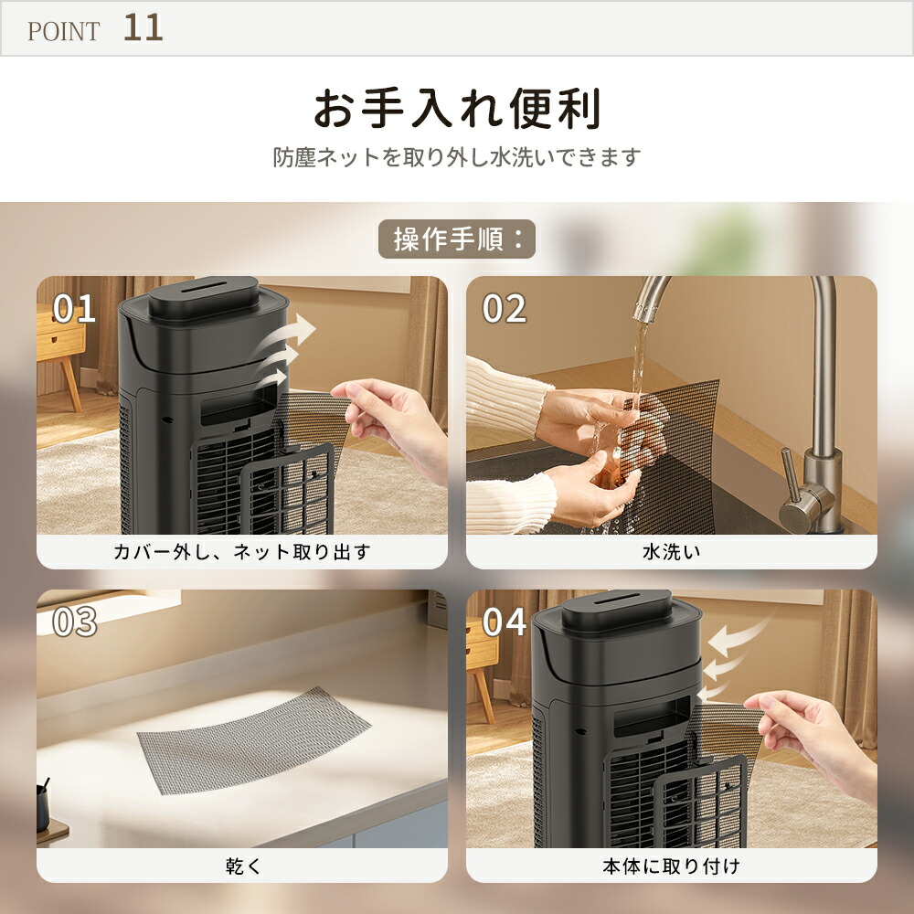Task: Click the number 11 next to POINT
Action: point(143,27)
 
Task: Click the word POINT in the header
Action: point(63,31)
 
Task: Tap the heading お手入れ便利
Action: point(457,110)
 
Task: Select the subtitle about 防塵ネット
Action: point(457,157)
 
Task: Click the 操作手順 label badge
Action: point(456,239)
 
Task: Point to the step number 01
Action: point(74,309)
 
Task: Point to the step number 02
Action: point(505,309)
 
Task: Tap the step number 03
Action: point(74,622)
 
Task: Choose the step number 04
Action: point(505,622)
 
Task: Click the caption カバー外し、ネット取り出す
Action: point(241,552)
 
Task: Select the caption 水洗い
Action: point(671,552)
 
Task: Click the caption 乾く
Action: point(241,865)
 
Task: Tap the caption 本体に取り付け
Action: point(671,865)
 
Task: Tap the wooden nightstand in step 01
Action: point(60,347)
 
